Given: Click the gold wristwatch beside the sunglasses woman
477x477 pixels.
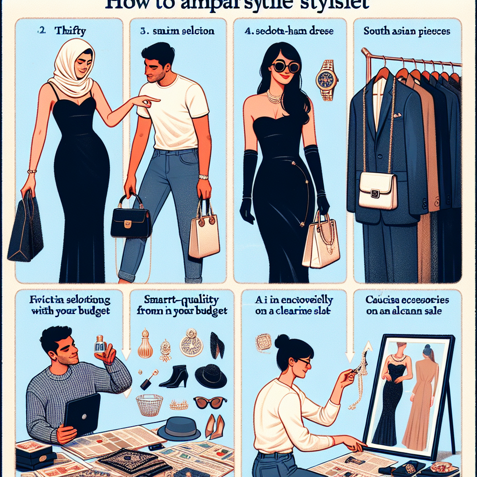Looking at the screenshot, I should pos(327,80).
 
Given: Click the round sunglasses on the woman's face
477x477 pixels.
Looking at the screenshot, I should pos(286,67).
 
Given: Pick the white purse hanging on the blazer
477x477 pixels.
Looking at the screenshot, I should pos(378,191).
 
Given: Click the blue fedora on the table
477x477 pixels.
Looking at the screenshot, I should pos(179,428).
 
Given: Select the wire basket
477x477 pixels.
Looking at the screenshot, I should pos(149,404).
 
